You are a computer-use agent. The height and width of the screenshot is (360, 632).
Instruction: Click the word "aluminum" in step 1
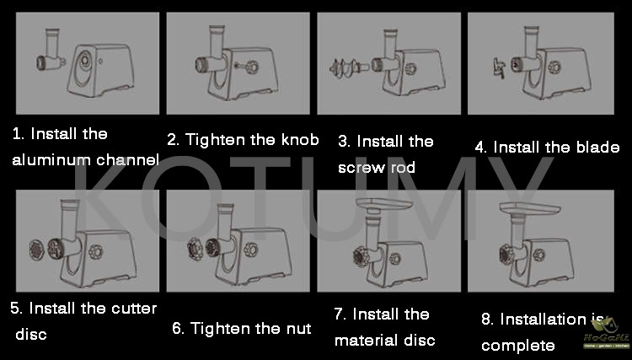pos(46,160)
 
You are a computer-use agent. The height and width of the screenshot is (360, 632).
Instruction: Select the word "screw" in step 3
pos(356,168)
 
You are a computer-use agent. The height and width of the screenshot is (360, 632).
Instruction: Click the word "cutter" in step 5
pos(134,309)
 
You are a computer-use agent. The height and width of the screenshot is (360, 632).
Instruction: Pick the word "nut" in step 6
pos(298,329)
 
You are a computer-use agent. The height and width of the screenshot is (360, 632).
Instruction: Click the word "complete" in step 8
pos(518,346)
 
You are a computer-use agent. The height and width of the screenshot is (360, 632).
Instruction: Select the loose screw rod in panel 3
pos(349,68)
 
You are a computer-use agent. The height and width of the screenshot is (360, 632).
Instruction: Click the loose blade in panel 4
pos(499,67)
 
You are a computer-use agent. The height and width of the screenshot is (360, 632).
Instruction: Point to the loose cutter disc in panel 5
pos(37,250)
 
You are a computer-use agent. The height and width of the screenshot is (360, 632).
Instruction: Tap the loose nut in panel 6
pos(195,249)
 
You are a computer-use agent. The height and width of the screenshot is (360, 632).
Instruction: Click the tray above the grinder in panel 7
pos(383,203)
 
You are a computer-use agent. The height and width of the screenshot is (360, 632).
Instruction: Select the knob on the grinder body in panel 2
pos(250,66)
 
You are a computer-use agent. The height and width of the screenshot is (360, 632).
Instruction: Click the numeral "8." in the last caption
pos(488,320)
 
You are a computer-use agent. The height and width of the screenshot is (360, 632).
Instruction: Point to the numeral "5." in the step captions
pos(17,309)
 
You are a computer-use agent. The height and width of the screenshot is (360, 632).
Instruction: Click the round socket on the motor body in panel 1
pos(85,60)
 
